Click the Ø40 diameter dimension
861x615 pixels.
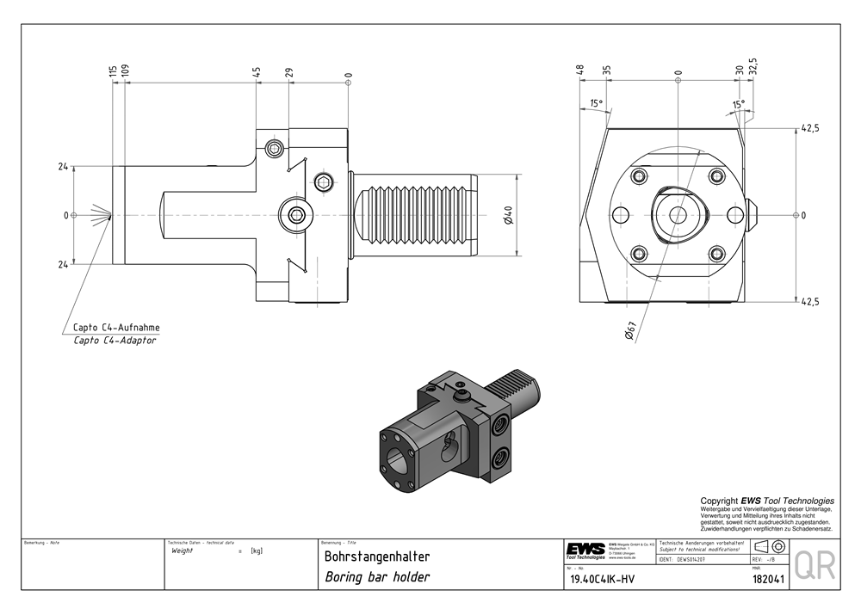coord(509,215)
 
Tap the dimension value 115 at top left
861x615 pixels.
coord(113,71)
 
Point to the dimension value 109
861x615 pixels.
coord(125,71)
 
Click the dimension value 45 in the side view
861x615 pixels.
coord(257,72)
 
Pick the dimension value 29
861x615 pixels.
coord(289,72)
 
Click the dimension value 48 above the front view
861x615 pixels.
coord(580,70)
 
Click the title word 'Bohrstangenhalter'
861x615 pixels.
coord(376,557)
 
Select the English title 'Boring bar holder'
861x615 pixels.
coord(376,577)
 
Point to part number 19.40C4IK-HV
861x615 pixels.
coord(607,580)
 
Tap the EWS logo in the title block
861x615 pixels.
coord(585,550)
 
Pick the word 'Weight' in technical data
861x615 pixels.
coord(183,550)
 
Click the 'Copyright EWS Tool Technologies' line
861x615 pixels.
coord(766,501)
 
